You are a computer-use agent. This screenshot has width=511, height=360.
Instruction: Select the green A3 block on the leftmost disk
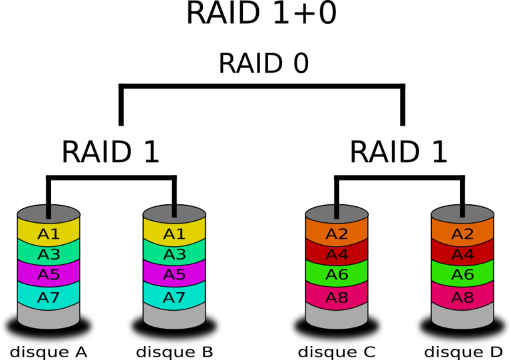49,255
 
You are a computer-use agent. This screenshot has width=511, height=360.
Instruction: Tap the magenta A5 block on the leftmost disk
49,275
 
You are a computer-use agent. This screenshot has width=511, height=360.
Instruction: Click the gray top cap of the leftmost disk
33,214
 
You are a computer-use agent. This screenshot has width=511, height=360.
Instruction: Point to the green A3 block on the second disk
174,255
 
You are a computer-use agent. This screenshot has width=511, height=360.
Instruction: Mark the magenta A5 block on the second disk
174,275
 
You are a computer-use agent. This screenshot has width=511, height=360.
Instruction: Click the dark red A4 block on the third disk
337,255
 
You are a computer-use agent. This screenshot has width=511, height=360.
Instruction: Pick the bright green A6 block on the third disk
337,275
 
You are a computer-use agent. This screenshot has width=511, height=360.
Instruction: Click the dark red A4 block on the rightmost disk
462,255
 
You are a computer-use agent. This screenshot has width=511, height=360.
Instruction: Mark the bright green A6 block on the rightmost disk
462,275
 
